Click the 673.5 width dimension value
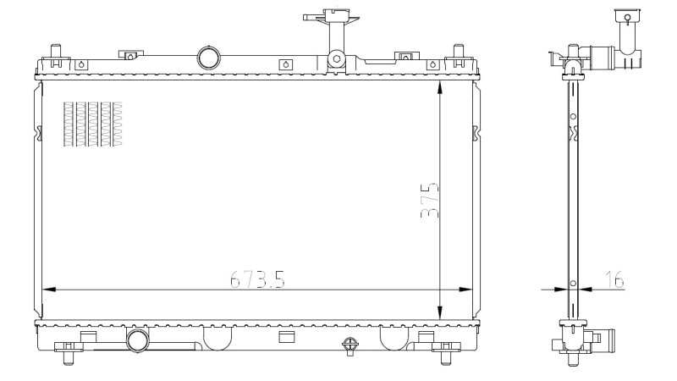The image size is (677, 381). (257, 279)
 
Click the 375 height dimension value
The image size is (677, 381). (430, 201)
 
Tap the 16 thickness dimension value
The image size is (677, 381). (614, 279)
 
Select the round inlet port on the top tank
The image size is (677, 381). (209, 58)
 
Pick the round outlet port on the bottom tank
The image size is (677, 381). (138, 340)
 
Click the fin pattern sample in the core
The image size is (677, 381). (93, 124)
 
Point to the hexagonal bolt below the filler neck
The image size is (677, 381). (336, 58)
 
